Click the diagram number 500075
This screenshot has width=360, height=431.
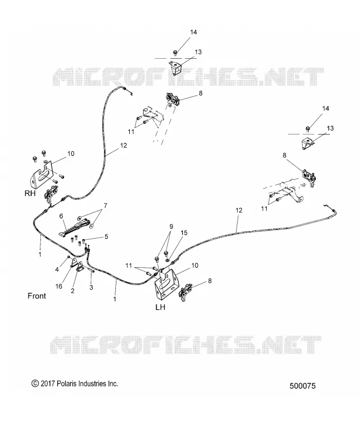pos(302,386)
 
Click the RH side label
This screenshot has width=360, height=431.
pos(30,193)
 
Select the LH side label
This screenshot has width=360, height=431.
pos(161,307)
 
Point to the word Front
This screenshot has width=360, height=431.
pos(37,296)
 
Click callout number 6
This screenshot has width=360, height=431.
pos(61,217)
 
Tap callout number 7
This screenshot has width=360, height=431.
pos(105,206)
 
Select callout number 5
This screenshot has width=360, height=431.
pos(106,237)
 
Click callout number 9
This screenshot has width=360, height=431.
pos(171,227)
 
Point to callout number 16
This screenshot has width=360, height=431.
pos(59,287)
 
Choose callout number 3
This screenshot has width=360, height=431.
pos(91,288)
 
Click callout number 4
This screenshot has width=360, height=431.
pos(57,270)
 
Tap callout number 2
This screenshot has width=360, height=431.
pos(73,291)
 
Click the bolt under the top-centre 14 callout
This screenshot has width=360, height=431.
pos(175,52)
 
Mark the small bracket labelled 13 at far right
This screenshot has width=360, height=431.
pos(308,144)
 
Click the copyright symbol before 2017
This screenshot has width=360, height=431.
pos(35,384)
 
